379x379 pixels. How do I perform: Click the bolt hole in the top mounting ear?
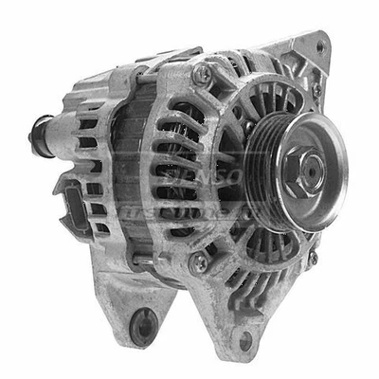[x=319, y=45]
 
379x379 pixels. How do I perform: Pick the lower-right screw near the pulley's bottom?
[x=311, y=257]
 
